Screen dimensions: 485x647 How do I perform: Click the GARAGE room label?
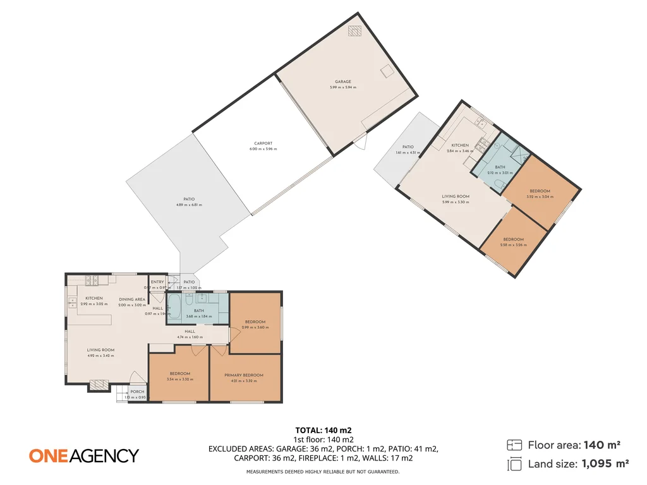pos(343,81)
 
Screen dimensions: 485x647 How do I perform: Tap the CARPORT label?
pos(263,143)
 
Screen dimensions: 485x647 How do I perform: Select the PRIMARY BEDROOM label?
pos(244,375)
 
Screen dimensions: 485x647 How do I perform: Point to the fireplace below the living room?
pos(99,384)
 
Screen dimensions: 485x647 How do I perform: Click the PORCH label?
pos(137,392)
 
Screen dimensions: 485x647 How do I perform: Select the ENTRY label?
pos(157,282)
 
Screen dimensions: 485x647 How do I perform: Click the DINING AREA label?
pos(132,299)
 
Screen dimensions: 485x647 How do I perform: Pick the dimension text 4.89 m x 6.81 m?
pos(189,205)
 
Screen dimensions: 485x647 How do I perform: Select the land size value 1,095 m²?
pos(605,464)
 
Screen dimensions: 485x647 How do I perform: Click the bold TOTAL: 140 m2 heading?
pos(323,430)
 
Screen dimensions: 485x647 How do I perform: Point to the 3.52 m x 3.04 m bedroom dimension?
pos(540,196)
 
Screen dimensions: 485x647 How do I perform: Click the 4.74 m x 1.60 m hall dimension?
pos(190,337)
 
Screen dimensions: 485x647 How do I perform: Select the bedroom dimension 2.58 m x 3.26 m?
pos(513,244)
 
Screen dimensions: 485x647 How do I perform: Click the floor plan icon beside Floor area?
pos(515,445)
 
